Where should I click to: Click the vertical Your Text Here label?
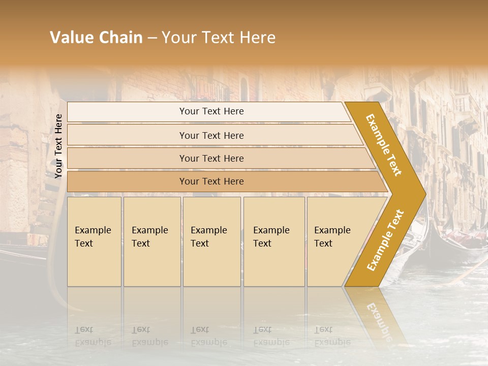click(x=58, y=146)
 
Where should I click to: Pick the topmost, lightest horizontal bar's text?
click(x=211, y=111)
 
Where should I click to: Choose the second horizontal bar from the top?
click(x=211, y=135)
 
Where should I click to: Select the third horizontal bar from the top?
click(x=211, y=158)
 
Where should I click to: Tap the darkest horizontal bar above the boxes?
click(x=211, y=181)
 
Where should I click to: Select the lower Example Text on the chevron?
click(x=385, y=240)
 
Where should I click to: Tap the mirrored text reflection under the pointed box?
click(x=332, y=336)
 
